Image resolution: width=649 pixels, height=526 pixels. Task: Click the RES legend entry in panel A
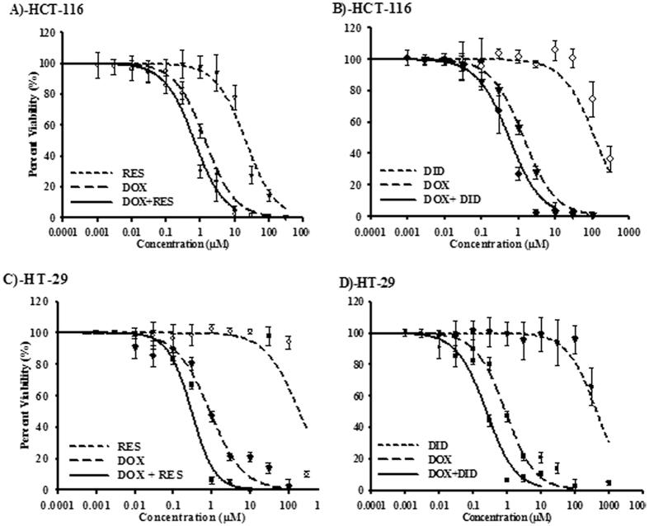coord(126,173)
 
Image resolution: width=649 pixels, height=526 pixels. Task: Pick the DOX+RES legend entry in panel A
coord(139,200)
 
